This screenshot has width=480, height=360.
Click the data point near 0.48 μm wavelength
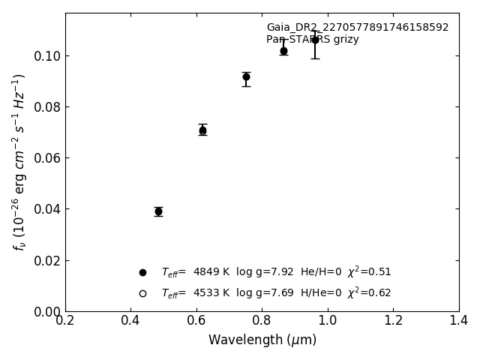158,211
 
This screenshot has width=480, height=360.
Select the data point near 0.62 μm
202,130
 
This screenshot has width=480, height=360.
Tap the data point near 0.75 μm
246,76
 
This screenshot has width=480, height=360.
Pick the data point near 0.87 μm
283,51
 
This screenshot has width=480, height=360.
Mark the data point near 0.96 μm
315,40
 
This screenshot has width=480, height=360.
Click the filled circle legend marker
142,272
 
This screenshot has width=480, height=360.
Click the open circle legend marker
142,293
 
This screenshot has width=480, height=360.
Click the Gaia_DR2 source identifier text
357,28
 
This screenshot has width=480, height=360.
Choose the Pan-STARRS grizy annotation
312,40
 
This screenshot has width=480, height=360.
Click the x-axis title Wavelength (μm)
262,340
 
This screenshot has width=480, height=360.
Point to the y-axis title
19,161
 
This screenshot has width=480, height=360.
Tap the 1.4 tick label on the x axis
458,320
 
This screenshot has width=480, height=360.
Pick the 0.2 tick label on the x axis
65,320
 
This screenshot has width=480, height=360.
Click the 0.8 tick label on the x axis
262,320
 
